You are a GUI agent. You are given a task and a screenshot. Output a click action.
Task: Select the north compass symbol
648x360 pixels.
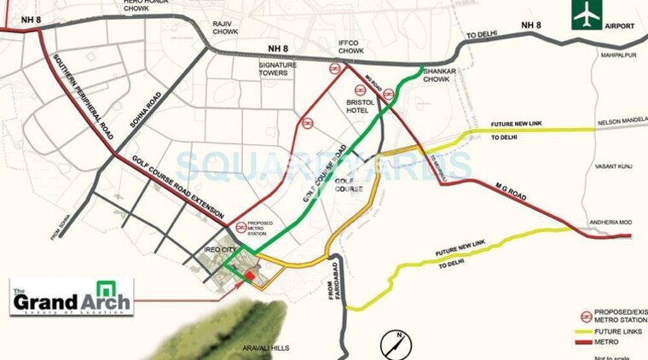(x=394, y=343)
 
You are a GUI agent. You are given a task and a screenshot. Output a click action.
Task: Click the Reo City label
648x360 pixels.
(x=219, y=250)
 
